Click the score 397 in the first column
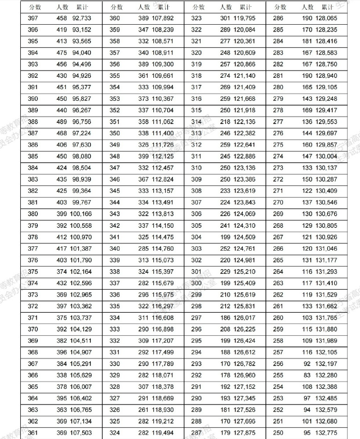33,18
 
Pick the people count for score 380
63,214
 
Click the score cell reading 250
279,433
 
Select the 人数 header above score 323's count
225,7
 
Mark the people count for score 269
308,214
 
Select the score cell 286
279,18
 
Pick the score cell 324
115,433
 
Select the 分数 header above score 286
280,7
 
